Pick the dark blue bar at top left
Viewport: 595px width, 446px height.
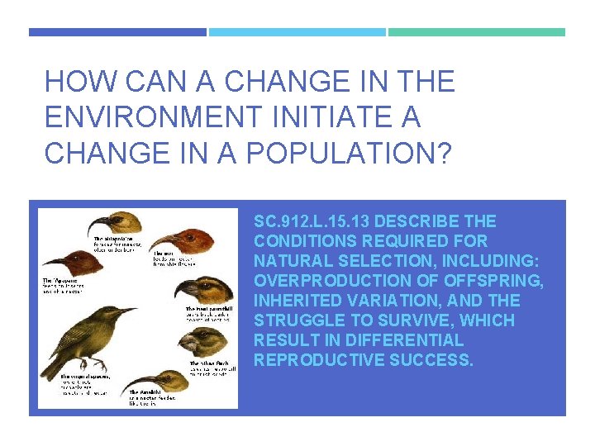(117, 32)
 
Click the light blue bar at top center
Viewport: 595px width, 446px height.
(297, 32)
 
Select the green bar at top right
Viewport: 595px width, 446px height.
(477, 32)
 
